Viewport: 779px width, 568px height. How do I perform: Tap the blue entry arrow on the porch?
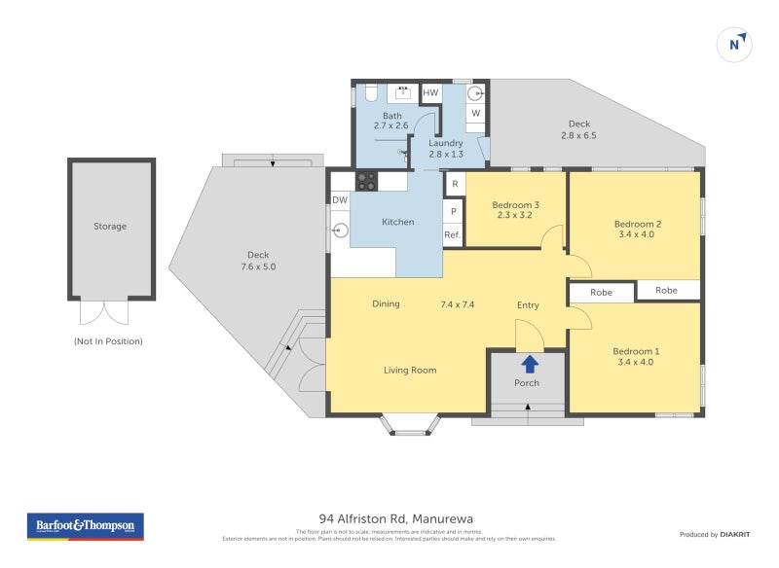tap(529, 365)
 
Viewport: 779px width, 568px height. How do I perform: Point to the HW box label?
tap(430, 93)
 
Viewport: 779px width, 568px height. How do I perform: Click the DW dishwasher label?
tap(340, 200)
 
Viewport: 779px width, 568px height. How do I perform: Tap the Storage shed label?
tap(110, 227)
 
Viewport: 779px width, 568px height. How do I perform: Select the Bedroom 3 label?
tap(515, 204)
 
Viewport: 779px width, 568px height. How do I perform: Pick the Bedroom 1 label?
tap(636, 351)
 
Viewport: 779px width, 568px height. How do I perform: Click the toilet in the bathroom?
tap(371, 93)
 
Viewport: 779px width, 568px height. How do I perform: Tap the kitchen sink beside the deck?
tap(341, 231)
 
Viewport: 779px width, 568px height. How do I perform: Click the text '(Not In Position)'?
tap(108, 341)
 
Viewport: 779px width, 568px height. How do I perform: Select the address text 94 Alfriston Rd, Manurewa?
tap(395, 518)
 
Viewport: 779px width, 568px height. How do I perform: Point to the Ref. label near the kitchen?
tap(453, 235)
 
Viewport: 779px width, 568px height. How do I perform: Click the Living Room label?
tap(409, 370)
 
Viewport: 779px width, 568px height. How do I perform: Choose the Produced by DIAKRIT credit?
tap(719, 534)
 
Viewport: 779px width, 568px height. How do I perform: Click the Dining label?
tap(386, 304)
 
